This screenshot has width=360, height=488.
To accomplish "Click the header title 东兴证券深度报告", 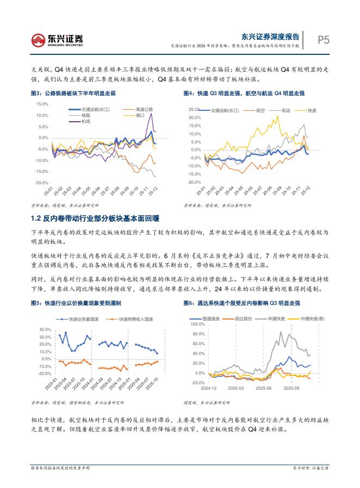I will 270,36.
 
